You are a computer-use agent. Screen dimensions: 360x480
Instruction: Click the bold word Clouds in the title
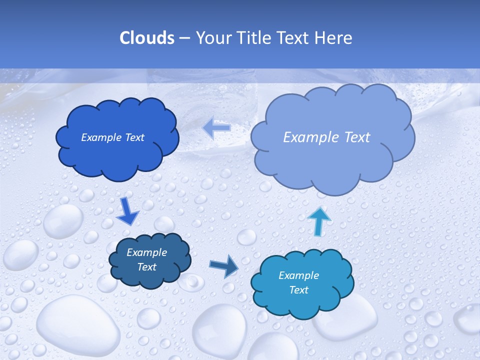click(x=146, y=38)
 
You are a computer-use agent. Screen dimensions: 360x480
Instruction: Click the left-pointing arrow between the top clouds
click(x=216, y=127)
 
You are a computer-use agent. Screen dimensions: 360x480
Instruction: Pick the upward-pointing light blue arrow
click(x=319, y=221)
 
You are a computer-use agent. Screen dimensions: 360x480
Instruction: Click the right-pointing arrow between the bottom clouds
click(x=224, y=267)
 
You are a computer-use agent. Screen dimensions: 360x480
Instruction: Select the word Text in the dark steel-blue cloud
click(x=146, y=267)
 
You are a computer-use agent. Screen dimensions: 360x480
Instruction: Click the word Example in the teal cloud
click(x=298, y=275)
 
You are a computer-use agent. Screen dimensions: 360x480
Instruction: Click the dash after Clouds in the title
click(x=184, y=38)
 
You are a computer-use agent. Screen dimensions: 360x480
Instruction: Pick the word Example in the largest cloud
click(x=308, y=137)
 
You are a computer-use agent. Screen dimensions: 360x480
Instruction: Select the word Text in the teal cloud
click(x=298, y=290)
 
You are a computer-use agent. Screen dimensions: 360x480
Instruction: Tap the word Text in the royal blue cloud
click(x=134, y=137)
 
